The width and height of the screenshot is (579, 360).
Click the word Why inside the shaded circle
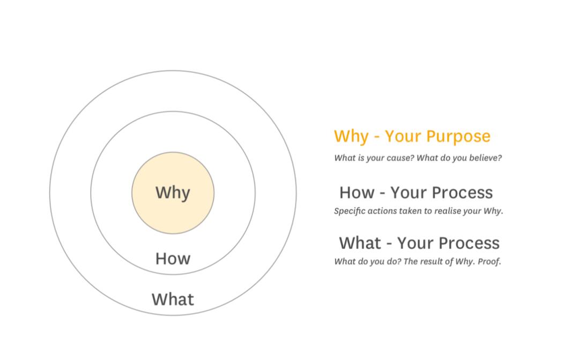(x=173, y=193)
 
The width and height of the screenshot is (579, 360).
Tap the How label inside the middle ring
(x=173, y=259)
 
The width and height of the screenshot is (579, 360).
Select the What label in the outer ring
(x=173, y=299)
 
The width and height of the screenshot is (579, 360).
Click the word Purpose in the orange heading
(x=458, y=137)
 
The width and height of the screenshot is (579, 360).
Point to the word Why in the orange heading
(x=351, y=137)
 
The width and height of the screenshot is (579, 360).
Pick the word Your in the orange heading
(x=403, y=136)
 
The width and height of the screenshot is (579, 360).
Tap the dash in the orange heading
(x=377, y=137)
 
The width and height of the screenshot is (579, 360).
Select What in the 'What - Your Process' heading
(x=360, y=243)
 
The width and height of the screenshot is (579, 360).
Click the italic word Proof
(x=489, y=261)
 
